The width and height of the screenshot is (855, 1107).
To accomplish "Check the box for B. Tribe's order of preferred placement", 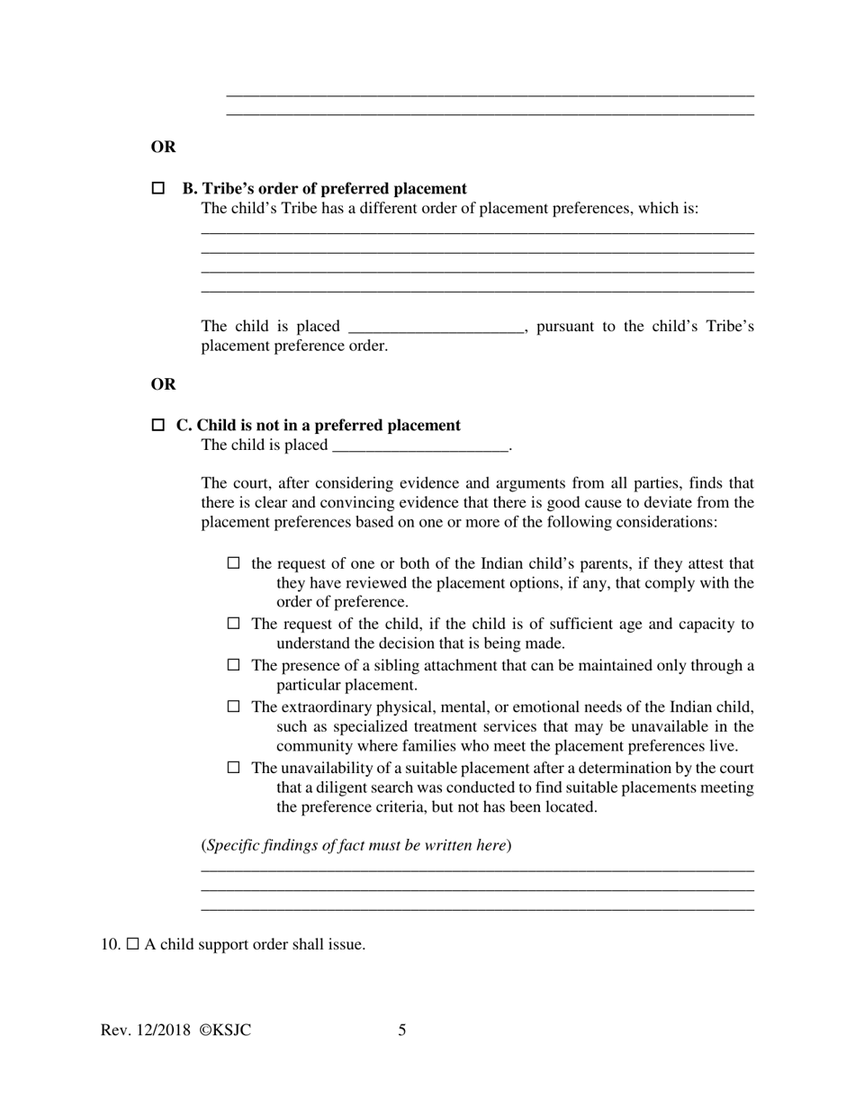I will (x=158, y=189).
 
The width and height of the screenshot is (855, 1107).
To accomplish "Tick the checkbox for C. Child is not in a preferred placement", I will (x=158, y=425).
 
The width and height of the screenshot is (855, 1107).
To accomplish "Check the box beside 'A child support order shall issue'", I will (x=133, y=944).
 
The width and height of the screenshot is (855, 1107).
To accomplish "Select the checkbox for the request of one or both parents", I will (x=234, y=563).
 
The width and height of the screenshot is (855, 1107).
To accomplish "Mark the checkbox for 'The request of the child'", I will (x=234, y=624).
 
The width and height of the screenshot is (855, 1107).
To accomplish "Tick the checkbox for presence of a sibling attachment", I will (x=234, y=665).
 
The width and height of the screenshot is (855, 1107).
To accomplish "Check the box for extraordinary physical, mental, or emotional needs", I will (x=234, y=706).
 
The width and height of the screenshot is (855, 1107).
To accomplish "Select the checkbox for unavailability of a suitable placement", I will (x=234, y=768).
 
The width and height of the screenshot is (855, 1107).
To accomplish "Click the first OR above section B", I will (x=163, y=147).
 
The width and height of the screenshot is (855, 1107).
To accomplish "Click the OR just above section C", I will (x=163, y=384).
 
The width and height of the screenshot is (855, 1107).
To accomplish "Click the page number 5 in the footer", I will (x=402, y=1030).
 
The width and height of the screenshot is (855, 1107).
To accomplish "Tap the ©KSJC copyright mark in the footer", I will (x=225, y=1030).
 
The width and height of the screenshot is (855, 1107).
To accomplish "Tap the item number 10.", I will (x=111, y=944).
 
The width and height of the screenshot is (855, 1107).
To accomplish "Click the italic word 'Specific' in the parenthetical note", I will (x=235, y=845).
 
